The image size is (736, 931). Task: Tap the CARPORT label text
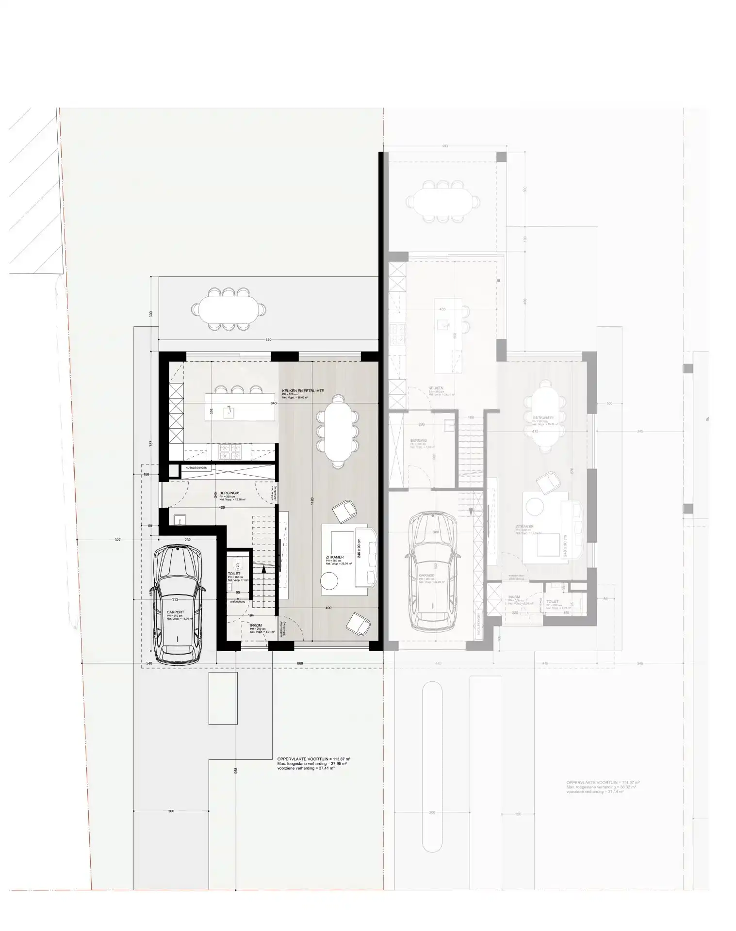(x=175, y=612)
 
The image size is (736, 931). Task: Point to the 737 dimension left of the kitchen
(x=152, y=443)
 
